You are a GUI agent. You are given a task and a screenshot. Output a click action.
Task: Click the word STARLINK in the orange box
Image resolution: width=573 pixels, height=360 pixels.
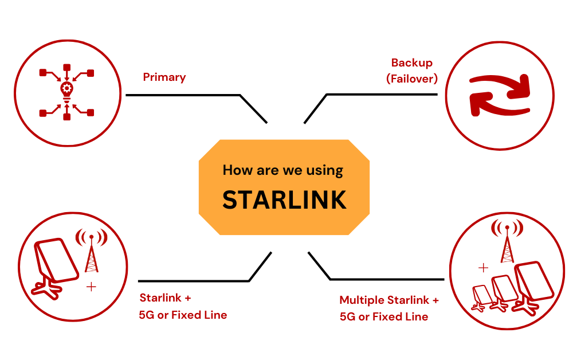284,199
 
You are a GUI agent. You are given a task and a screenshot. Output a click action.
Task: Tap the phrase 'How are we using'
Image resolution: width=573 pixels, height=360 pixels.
282,170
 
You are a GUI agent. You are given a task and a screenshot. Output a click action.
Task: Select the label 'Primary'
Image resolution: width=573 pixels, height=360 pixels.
164,77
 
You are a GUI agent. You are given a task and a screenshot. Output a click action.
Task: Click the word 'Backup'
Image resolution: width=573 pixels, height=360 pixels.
411,63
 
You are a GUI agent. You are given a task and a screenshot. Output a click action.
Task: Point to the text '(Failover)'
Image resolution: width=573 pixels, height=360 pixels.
411,79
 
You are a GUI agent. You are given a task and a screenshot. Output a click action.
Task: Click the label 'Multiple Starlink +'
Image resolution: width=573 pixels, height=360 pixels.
389,300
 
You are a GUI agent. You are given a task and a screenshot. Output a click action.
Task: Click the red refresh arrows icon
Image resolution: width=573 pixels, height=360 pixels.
500,95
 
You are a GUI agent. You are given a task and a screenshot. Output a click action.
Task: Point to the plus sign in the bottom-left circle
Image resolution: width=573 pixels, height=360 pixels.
91,287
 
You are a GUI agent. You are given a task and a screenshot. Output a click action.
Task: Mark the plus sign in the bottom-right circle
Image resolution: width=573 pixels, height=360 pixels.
484,267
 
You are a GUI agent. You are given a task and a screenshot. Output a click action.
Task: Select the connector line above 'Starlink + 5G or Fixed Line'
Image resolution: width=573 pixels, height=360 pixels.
195,281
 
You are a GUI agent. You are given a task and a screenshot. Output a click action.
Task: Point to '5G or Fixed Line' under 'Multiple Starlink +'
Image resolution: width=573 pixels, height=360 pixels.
383,316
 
